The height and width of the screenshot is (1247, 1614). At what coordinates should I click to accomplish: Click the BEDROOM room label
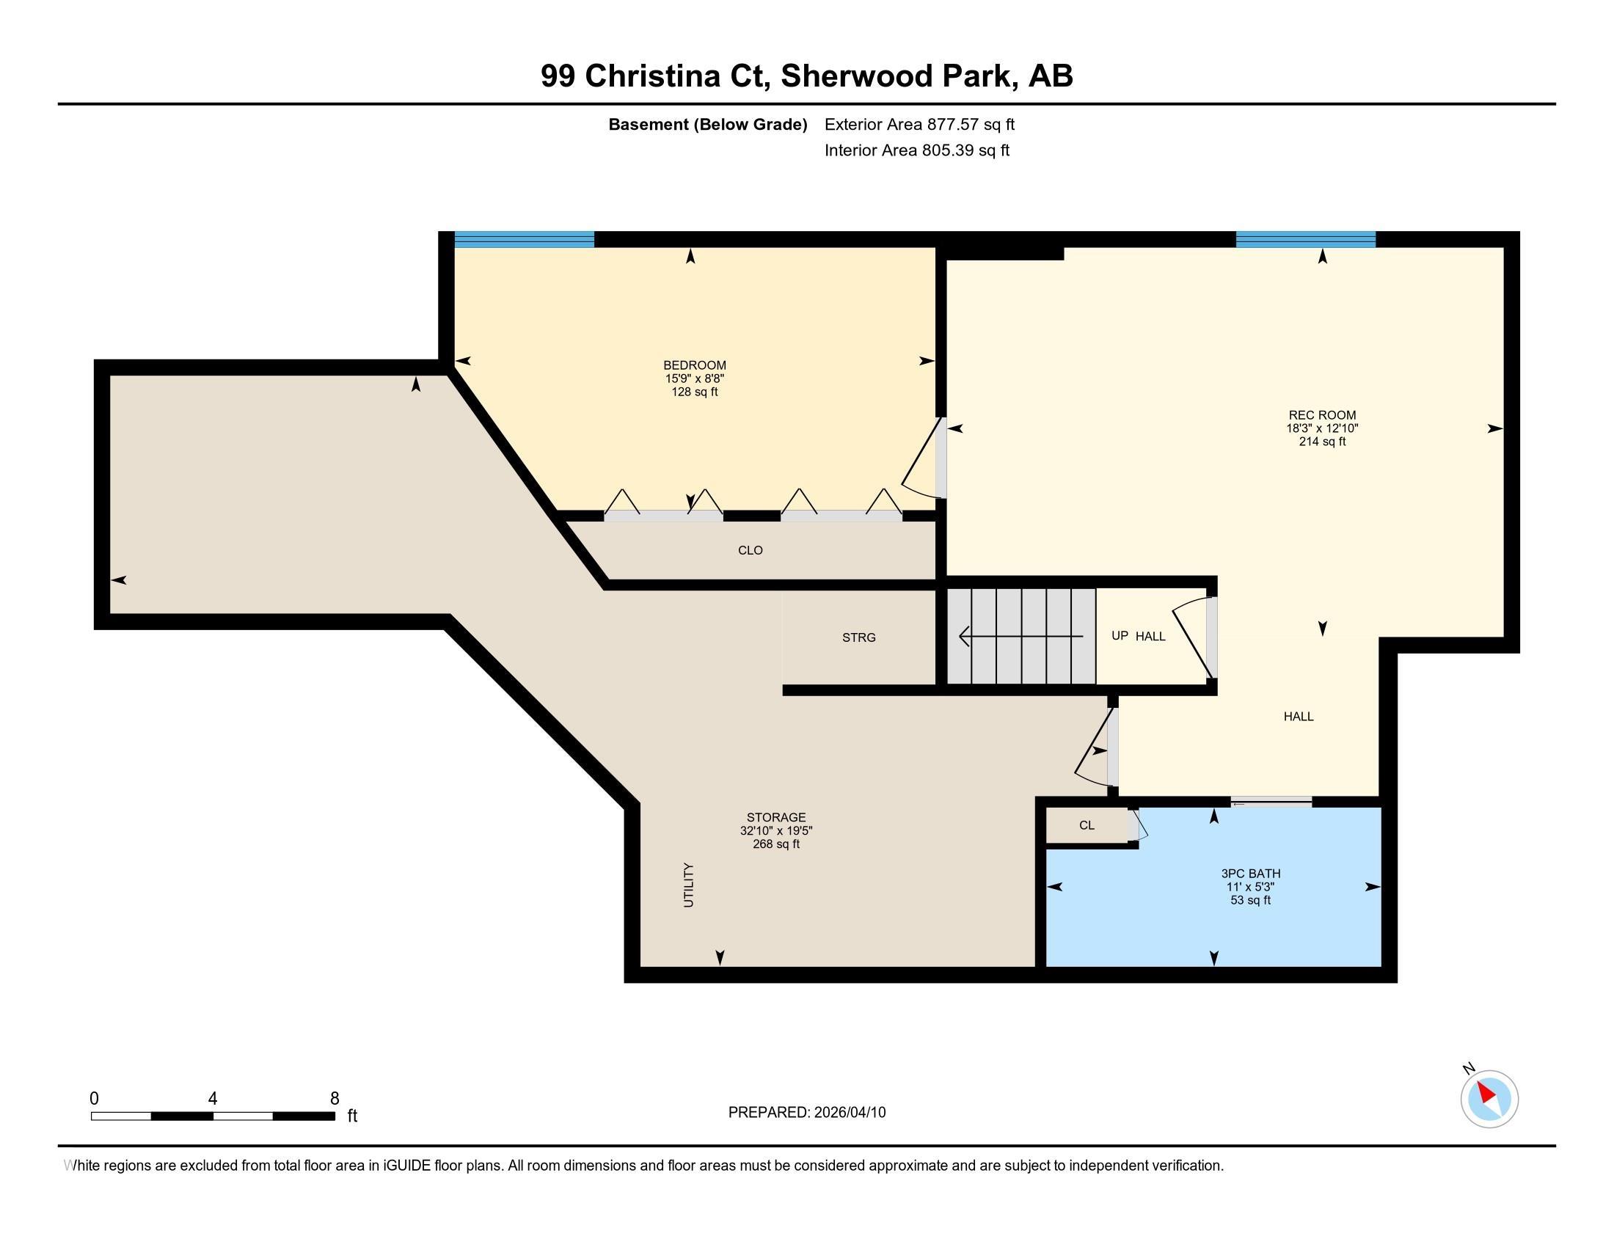click(694, 365)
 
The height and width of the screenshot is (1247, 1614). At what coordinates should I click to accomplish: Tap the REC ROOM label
click(1322, 415)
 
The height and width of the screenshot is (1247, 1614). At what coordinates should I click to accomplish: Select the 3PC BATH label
click(1250, 873)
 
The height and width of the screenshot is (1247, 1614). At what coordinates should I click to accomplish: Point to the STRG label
click(859, 637)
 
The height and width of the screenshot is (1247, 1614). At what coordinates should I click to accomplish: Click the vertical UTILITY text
click(688, 885)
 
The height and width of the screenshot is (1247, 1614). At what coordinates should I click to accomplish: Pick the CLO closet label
click(750, 550)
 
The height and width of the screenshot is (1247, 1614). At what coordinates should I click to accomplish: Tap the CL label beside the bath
click(1087, 825)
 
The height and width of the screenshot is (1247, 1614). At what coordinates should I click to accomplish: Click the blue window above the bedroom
click(524, 238)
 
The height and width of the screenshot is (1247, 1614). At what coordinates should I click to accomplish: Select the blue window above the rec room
click(1306, 238)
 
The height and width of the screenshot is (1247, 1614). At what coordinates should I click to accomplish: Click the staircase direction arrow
click(1021, 636)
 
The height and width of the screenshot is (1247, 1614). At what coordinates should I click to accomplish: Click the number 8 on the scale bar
click(335, 1099)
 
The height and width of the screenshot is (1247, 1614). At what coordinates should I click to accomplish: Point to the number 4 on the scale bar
click(213, 1099)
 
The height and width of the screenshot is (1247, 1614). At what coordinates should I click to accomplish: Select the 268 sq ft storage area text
click(776, 844)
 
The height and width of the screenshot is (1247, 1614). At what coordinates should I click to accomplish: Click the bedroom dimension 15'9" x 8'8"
click(694, 379)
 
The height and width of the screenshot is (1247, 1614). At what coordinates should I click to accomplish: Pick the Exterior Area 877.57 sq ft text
click(919, 125)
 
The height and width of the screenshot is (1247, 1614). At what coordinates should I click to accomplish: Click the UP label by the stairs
click(1120, 635)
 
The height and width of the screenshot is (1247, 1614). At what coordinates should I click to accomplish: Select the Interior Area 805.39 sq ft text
click(917, 150)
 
